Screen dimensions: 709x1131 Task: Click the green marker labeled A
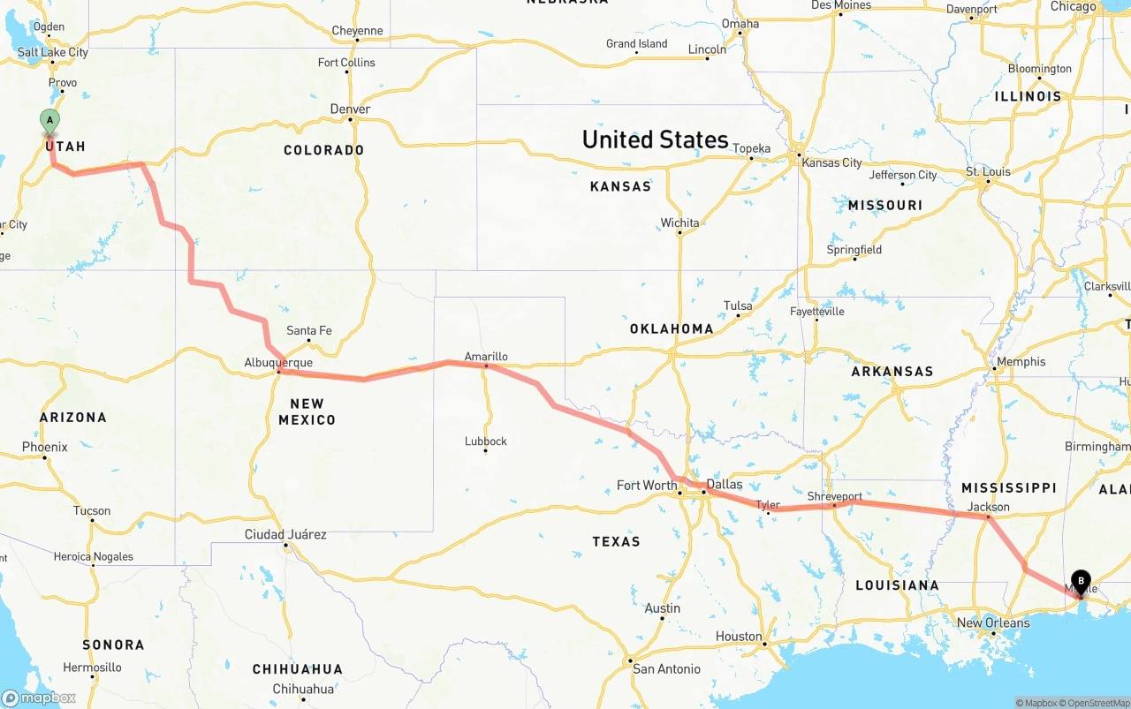[50, 121]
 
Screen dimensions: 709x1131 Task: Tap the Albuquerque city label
[278, 363]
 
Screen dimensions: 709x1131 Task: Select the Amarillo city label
[486, 357]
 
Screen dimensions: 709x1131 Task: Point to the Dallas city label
[724, 484]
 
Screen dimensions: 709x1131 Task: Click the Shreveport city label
[834, 496]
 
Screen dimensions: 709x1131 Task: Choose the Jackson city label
[988, 507]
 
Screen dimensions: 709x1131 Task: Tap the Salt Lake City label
[53, 52]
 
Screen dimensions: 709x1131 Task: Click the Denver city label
[350, 109]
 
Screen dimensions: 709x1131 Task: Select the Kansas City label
[831, 162]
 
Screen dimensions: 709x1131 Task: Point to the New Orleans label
[993, 622]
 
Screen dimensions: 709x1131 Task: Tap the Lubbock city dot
[485, 451]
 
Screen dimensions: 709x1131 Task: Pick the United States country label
[655, 140]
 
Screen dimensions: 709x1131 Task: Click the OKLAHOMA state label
[672, 328]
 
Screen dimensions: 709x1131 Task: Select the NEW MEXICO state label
[307, 411]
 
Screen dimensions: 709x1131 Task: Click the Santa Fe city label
[309, 330]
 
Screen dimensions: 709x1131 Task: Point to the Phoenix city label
[45, 447]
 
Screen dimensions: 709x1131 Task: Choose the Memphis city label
[1021, 361]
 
